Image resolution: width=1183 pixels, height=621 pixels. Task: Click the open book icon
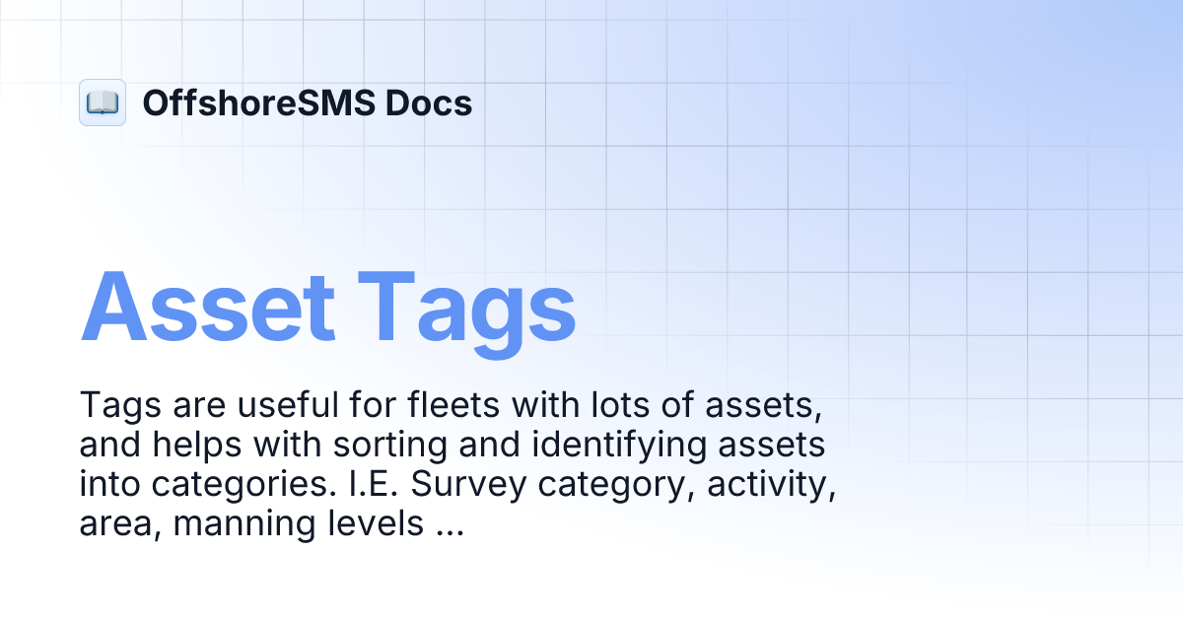coord(103,103)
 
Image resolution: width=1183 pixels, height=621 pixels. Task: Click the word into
coord(108,485)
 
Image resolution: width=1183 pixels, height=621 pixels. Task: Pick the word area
coord(118,525)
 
